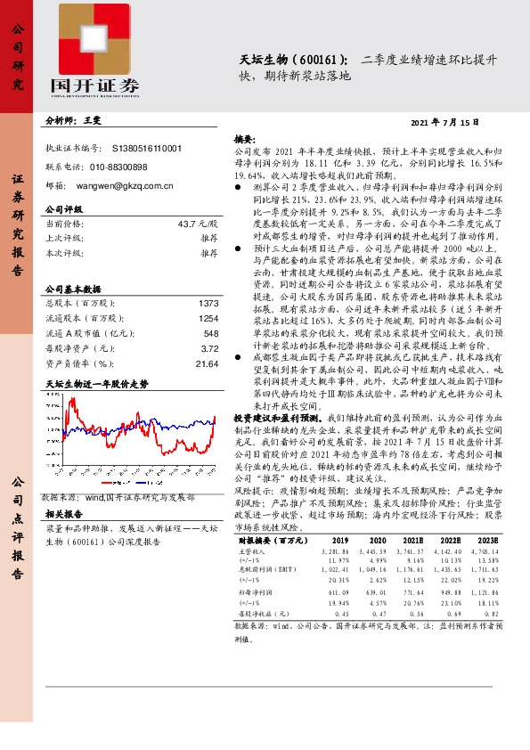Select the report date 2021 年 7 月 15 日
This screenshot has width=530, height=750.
point(444,121)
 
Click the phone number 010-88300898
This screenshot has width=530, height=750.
point(118,167)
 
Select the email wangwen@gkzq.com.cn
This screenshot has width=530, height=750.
point(124,186)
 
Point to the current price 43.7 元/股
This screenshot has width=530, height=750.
point(197,223)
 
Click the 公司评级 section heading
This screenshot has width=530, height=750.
point(63,209)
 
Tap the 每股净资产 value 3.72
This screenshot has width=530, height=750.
point(209,349)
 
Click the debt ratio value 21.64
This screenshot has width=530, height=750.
point(207,363)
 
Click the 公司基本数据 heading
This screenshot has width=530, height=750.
point(73,289)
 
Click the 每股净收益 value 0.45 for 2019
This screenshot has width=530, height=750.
point(340,615)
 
